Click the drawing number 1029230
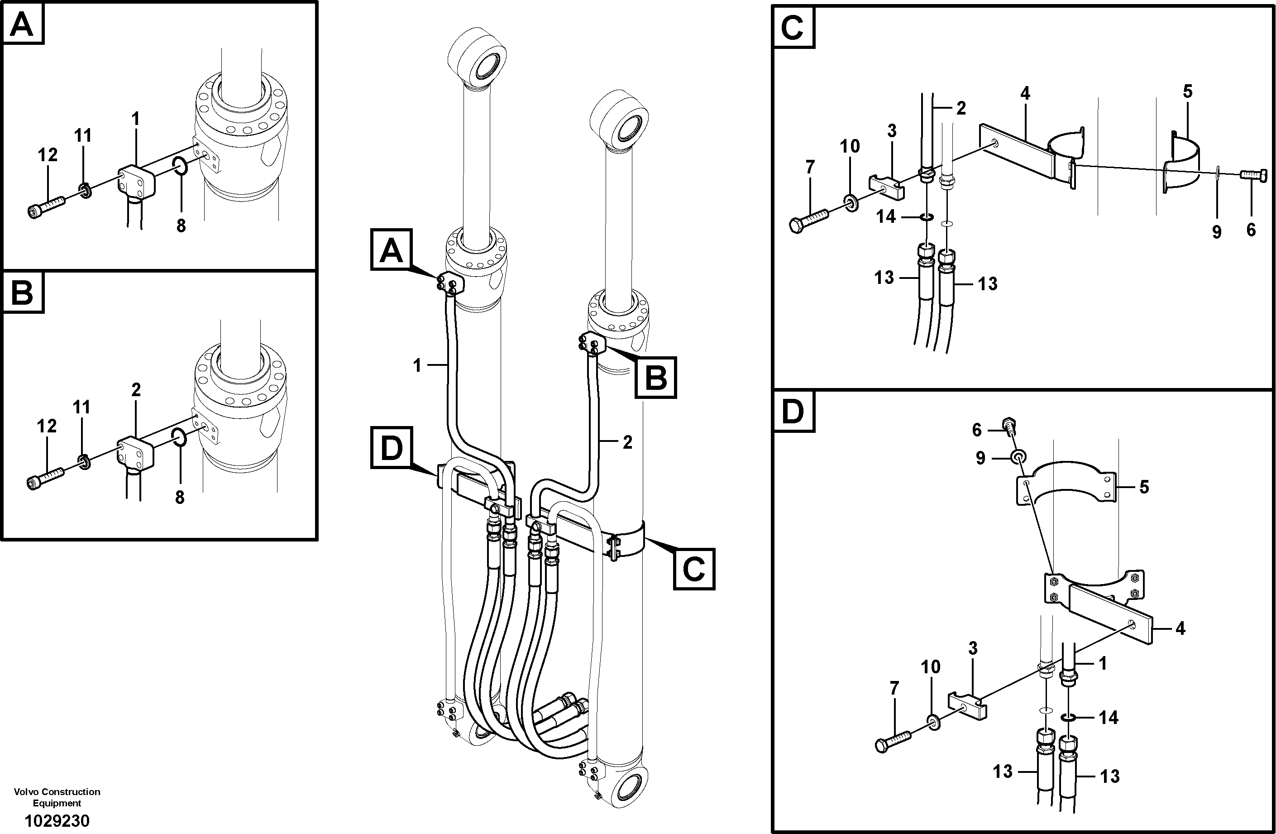pyautogui.click(x=57, y=820)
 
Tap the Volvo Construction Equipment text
pyautogui.click(x=57, y=797)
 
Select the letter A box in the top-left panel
pyautogui.click(x=23, y=24)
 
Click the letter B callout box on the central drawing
pyautogui.click(x=655, y=378)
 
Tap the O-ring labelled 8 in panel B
pyautogui.click(x=180, y=437)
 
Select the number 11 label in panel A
pyautogui.click(x=82, y=136)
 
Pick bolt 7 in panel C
pyautogui.click(x=808, y=219)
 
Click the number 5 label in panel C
pyautogui.click(x=1188, y=92)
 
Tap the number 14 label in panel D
pyautogui.click(x=1108, y=718)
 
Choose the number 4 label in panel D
pyautogui.click(x=1180, y=628)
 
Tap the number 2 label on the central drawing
pyautogui.click(x=627, y=442)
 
